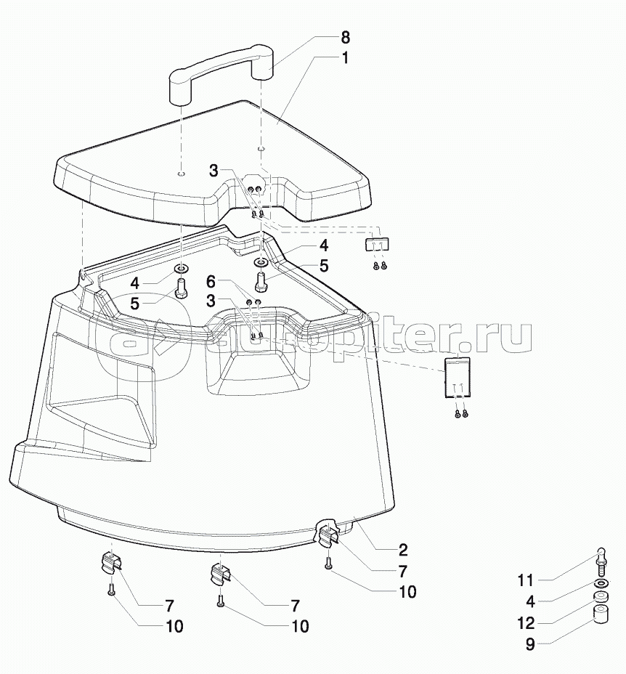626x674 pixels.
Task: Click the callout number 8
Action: (x=345, y=38)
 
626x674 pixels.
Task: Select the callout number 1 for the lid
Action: (x=345, y=58)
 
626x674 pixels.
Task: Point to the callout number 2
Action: (x=403, y=551)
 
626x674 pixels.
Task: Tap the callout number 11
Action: (x=525, y=581)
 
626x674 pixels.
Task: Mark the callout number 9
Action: (x=530, y=644)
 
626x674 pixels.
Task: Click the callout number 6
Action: (x=211, y=282)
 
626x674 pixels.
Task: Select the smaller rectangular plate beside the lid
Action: (x=377, y=244)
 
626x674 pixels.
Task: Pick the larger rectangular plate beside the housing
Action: (x=457, y=377)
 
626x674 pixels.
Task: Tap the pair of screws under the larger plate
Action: (x=461, y=413)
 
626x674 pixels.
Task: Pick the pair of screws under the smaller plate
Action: (x=380, y=266)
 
